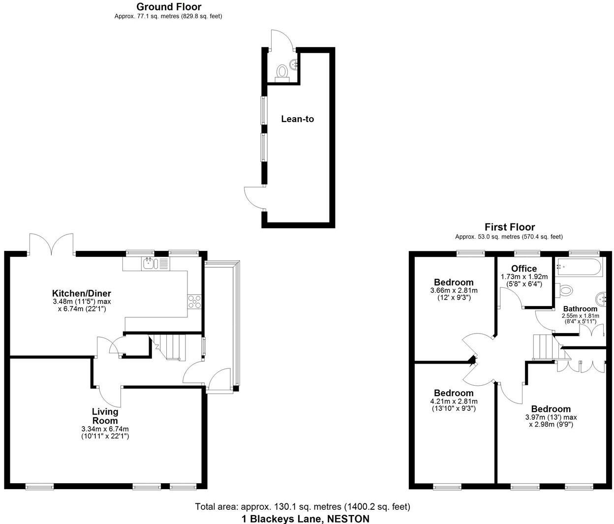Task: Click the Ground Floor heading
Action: [168, 7]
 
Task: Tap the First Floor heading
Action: [509, 227]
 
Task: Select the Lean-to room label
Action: [297, 119]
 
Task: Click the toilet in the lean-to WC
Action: [282, 72]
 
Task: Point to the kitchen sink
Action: [149, 264]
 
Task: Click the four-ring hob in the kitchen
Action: [194, 301]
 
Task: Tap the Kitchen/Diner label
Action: [82, 294]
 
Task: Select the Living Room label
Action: [105, 416]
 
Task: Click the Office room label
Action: [523, 269]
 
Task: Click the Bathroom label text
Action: [580, 309]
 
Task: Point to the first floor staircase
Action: [545, 347]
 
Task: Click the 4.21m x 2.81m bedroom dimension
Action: [453, 401]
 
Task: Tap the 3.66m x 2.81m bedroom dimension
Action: [453, 291]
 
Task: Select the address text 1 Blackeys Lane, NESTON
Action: [305, 519]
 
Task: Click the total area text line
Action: [303, 507]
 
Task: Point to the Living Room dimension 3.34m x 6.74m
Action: [105, 429]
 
